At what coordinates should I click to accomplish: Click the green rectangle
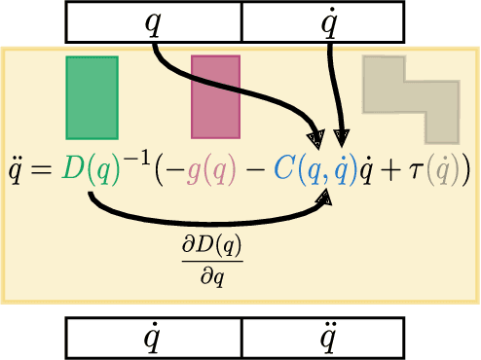coord(92,96)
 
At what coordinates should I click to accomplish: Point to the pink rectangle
coord(215,96)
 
